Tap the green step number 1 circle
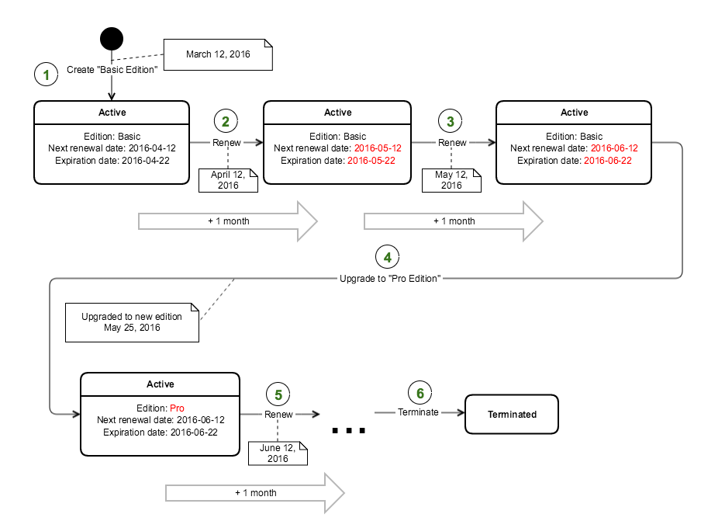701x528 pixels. click(x=47, y=75)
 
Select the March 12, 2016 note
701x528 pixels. click(x=218, y=55)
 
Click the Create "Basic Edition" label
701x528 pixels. click(x=112, y=70)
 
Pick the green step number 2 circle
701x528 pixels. click(x=226, y=121)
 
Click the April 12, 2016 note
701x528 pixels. click(x=227, y=180)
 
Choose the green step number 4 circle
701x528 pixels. click(x=388, y=257)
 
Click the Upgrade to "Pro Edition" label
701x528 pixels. click(x=389, y=277)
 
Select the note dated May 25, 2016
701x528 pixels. click(x=132, y=322)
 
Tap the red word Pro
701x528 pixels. click(x=177, y=408)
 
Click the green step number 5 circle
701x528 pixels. click(x=278, y=394)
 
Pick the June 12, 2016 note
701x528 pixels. click(x=278, y=453)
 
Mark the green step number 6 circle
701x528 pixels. click(x=419, y=394)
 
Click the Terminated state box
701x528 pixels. click(x=512, y=414)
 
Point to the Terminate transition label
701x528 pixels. click(x=418, y=412)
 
